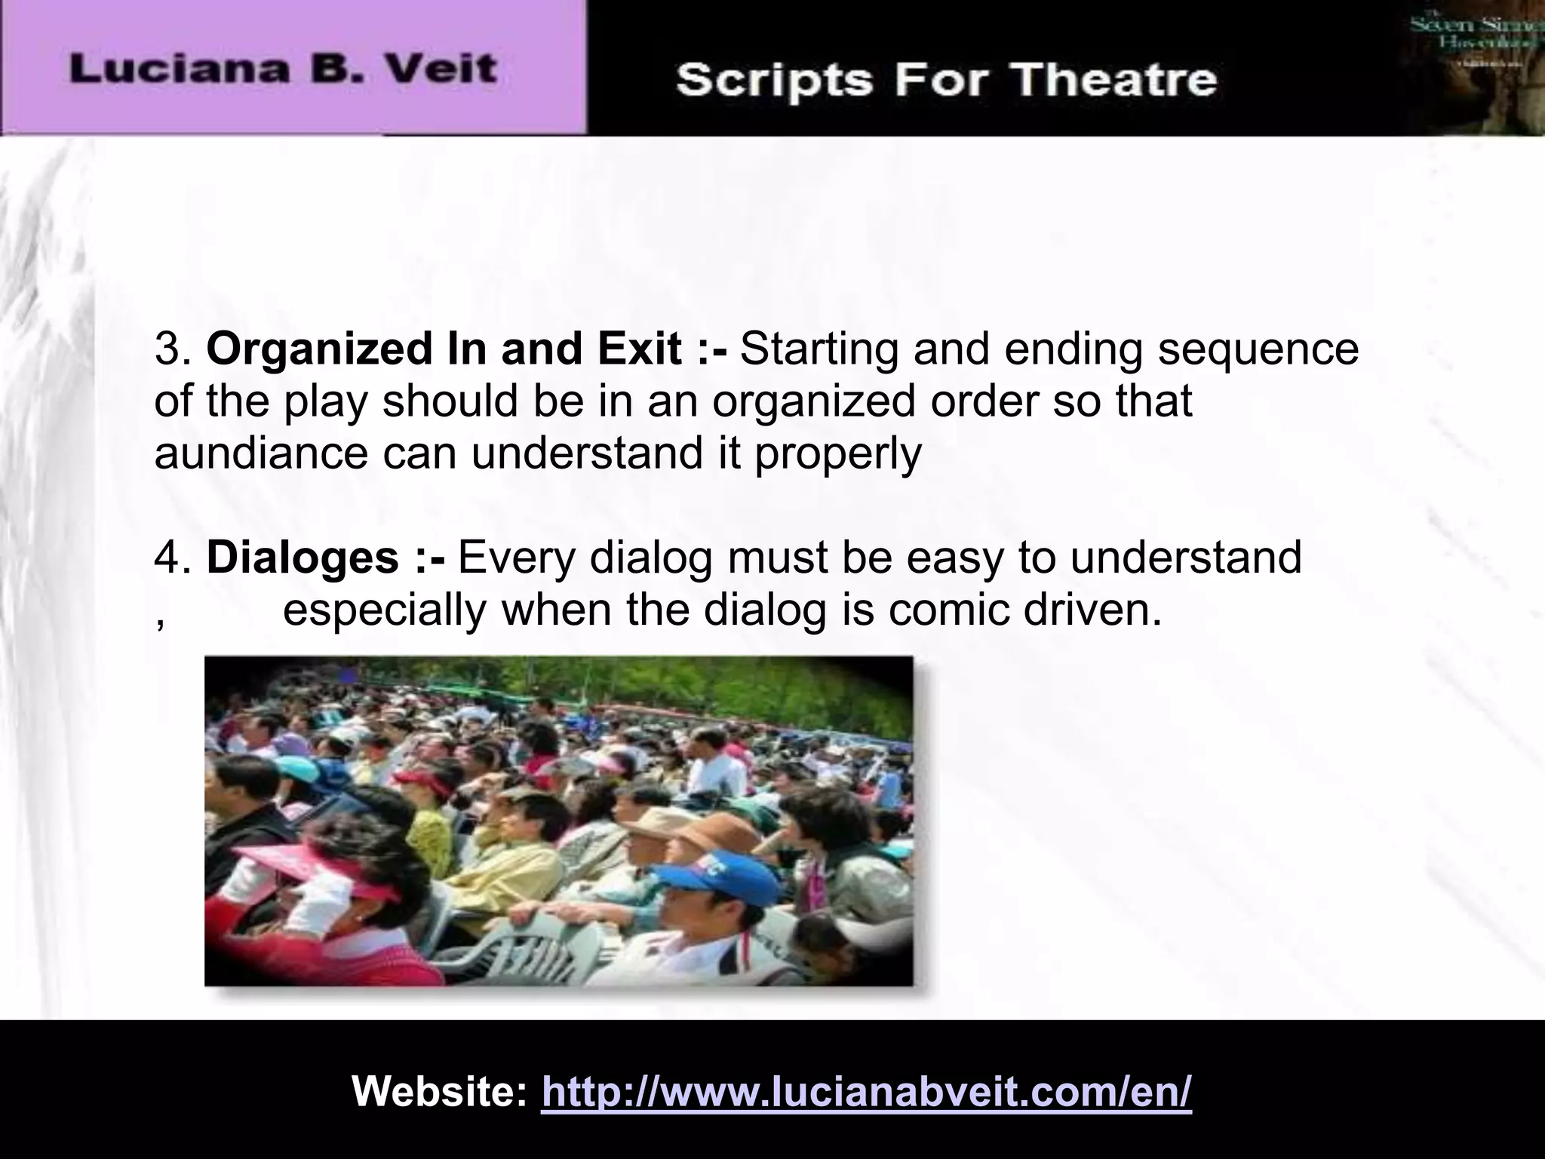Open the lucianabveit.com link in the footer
click(x=866, y=1090)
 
